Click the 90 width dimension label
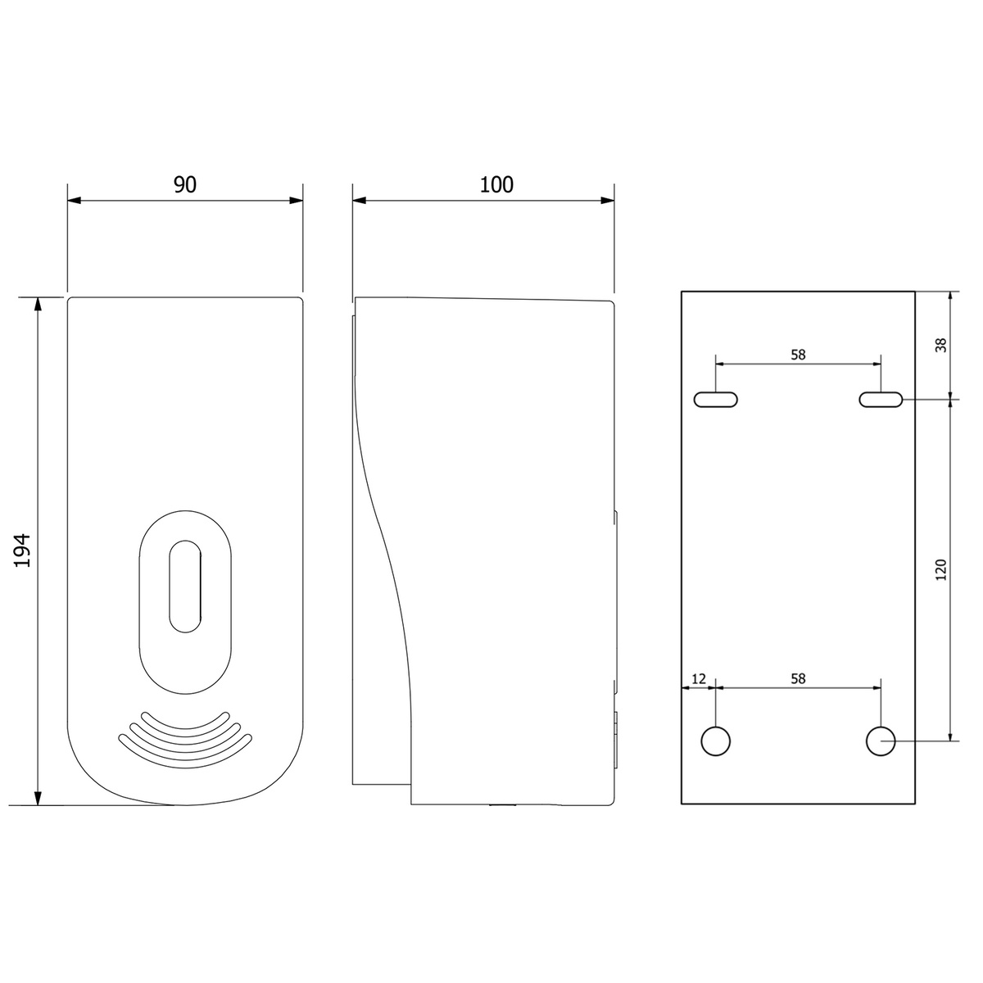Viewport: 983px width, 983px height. pos(184,184)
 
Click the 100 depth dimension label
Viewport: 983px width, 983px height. pos(496,184)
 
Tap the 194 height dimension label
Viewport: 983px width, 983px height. pos(23,550)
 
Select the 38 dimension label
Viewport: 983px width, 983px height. pos(941,345)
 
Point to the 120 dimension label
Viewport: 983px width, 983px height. pos(941,569)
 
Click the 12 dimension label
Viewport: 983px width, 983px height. pos(699,678)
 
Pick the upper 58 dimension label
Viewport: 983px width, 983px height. pos(798,355)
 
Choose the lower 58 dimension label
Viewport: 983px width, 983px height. pos(798,678)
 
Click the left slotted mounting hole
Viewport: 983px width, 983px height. pos(716,400)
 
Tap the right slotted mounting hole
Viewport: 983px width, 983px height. pos(881,400)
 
